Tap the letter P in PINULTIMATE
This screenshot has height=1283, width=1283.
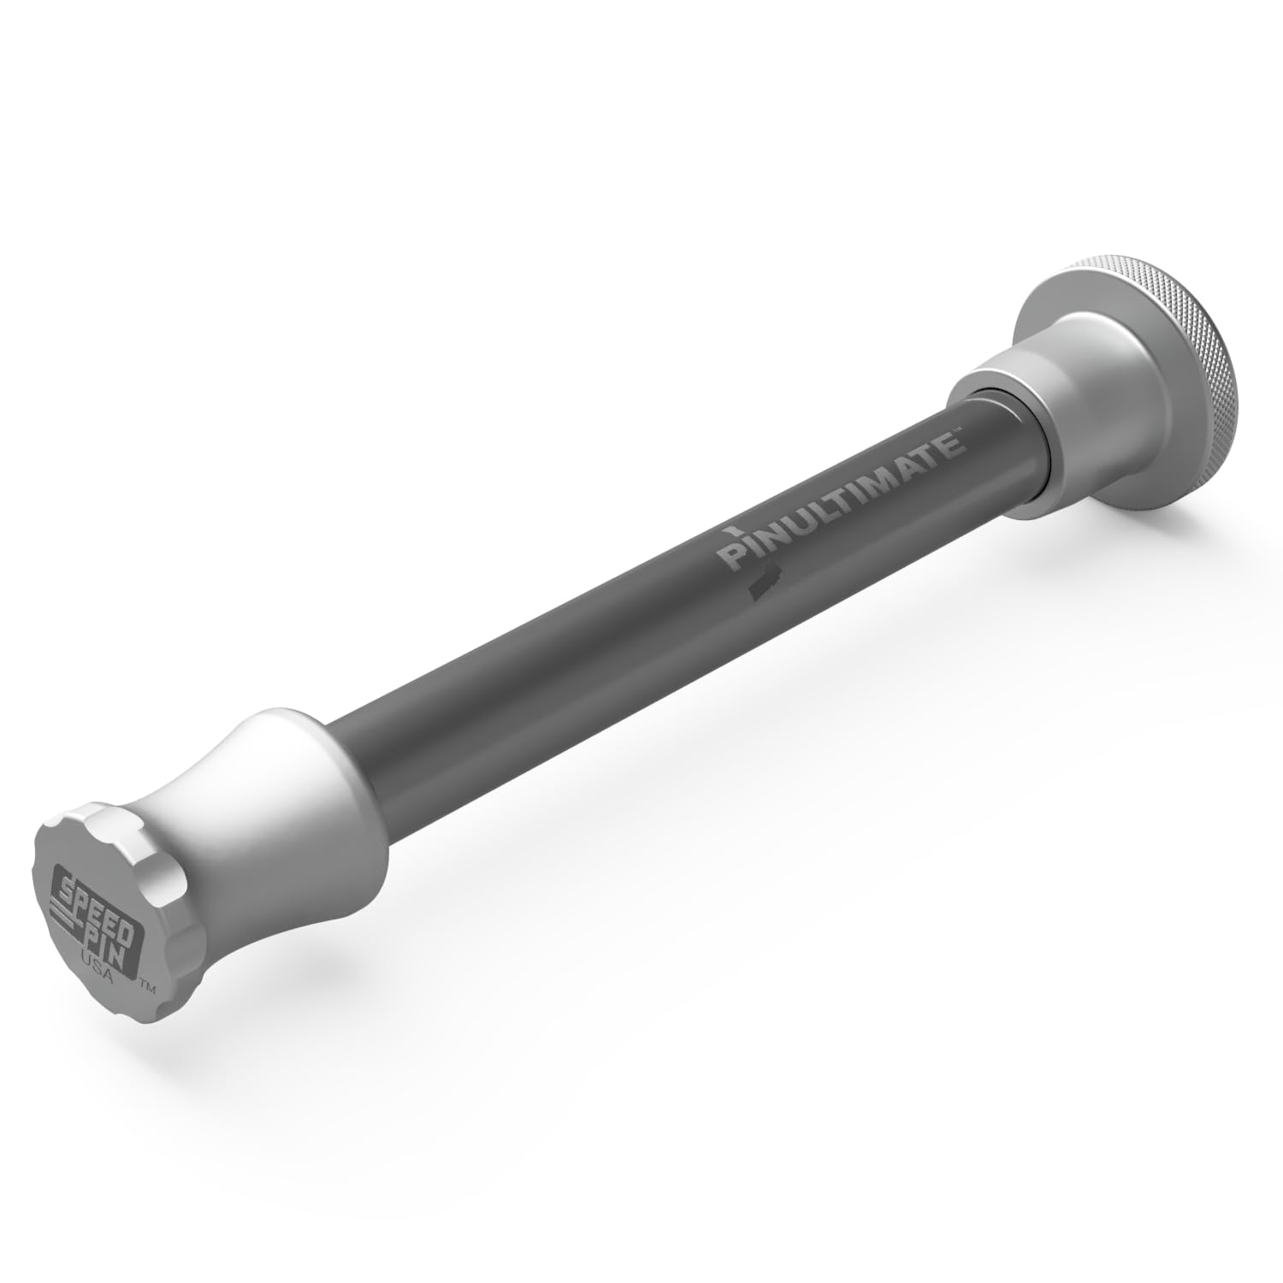731,557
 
